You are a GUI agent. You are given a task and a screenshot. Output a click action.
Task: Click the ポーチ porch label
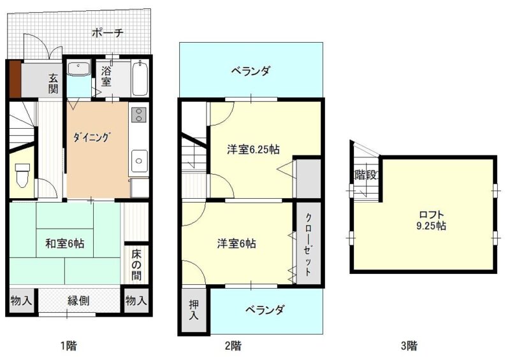point(107,33)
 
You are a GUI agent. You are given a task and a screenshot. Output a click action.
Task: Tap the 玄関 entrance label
point(54,83)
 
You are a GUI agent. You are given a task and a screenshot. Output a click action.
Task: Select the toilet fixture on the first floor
point(22,175)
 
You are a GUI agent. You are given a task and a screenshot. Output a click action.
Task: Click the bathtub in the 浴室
point(140,78)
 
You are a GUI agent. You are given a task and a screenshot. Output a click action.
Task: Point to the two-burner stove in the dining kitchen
point(139,115)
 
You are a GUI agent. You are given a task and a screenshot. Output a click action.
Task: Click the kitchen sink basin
point(139,161)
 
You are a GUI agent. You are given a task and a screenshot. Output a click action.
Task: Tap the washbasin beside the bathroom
point(78,68)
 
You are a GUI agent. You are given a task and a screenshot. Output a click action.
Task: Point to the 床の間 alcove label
point(136,264)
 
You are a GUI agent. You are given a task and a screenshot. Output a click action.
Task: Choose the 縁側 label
point(78,300)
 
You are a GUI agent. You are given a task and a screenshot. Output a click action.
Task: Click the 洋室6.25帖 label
point(253,149)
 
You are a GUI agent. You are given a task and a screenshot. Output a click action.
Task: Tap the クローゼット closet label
point(308,244)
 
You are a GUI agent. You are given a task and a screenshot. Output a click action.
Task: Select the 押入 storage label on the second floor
point(194,310)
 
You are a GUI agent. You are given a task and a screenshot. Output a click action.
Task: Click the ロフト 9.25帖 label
point(432,220)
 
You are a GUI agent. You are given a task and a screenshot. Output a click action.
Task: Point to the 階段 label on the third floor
point(365,175)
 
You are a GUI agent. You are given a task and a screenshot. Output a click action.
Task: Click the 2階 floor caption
point(233,345)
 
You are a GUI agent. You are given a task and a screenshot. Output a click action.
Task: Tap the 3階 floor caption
point(409,345)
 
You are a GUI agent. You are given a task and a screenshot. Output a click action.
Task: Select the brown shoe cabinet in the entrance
point(15,79)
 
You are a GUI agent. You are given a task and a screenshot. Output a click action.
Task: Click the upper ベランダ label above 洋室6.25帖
point(251,71)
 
